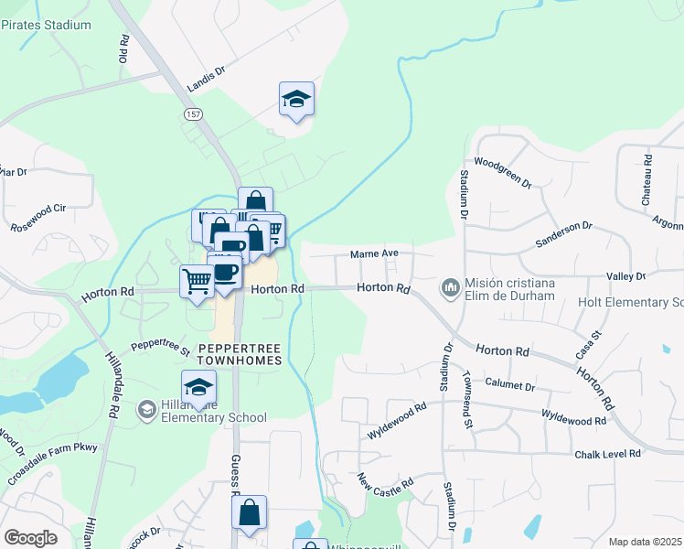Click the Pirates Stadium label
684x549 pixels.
tap(46, 25)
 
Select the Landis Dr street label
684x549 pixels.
tap(206, 79)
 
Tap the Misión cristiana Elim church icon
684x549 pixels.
tap(450, 288)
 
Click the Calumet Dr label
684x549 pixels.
tap(509, 385)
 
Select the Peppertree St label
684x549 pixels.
tap(159, 347)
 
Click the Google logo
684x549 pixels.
tap(30, 537)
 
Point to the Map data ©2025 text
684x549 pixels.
tap(645, 542)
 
